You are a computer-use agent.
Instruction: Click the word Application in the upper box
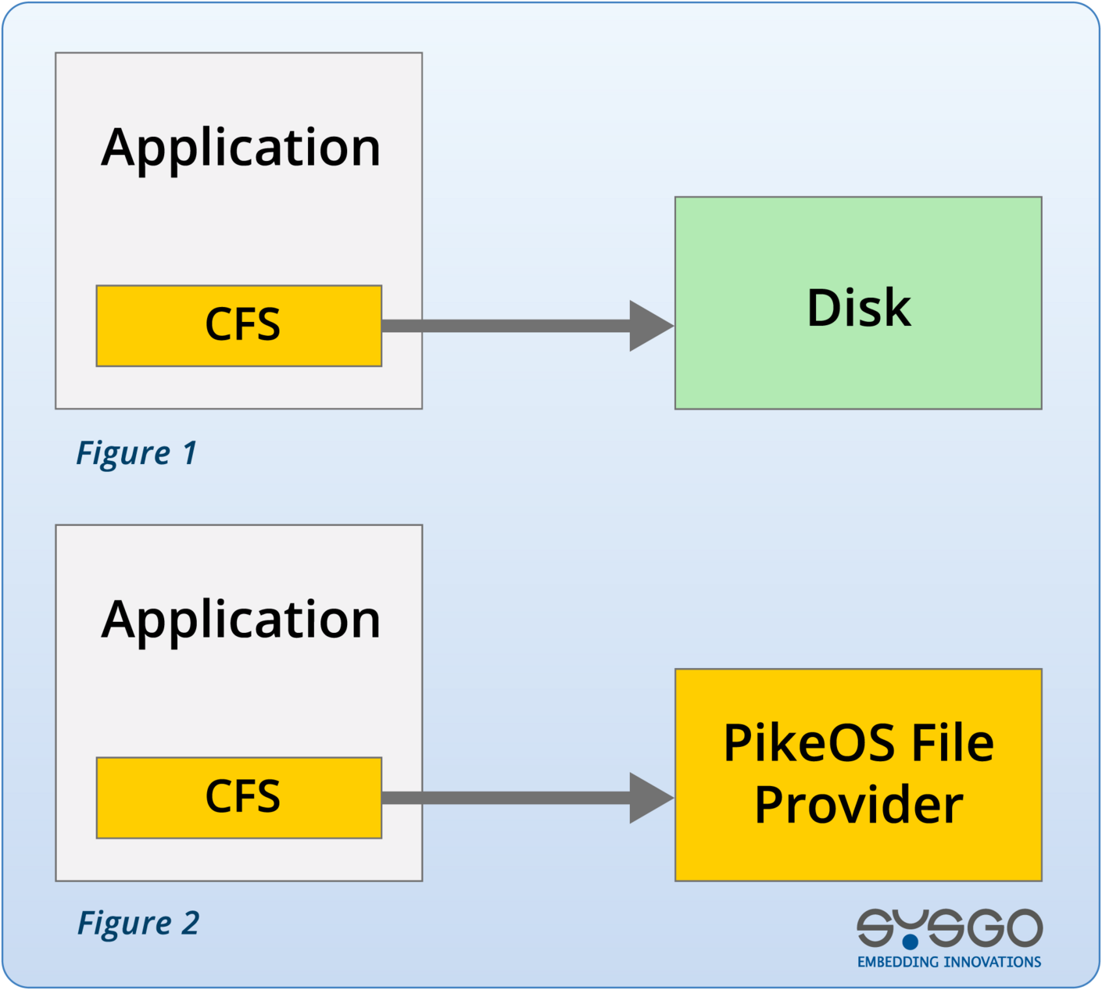[x=240, y=148]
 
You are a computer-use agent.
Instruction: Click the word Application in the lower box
[x=240, y=620]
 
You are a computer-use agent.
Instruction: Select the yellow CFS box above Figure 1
[x=238, y=325]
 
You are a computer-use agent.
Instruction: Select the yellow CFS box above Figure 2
[x=238, y=797]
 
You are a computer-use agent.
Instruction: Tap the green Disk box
[x=858, y=367]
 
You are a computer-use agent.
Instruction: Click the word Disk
[x=858, y=308]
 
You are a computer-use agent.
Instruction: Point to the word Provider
[x=858, y=805]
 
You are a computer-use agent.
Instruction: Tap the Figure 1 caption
[x=135, y=453]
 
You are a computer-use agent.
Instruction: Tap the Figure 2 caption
[x=138, y=924]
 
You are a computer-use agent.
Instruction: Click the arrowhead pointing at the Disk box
[x=650, y=326]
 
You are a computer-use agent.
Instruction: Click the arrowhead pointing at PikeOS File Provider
[x=650, y=798]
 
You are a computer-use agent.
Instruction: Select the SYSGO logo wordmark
[x=949, y=928]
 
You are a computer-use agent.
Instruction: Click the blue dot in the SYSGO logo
[x=911, y=942]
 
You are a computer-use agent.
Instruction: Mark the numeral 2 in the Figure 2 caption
[x=190, y=924]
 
